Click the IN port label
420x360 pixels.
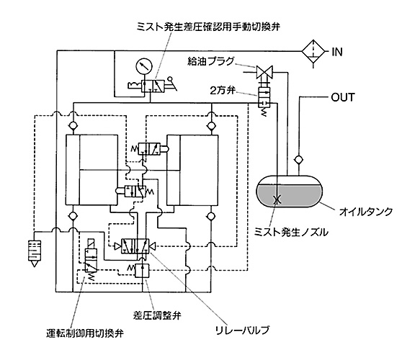click(x=337, y=52)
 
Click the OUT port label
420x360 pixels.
click(x=343, y=97)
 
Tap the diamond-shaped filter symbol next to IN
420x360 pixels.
click(x=313, y=51)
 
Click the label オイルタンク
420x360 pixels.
click(x=366, y=212)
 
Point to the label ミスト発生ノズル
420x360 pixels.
click(x=291, y=232)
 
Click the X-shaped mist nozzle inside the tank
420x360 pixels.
click(x=277, y=199)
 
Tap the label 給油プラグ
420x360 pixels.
click(x=210, y=62)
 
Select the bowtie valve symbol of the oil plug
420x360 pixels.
click(x=264, y=72)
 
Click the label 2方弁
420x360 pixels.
click(x=223, y=91)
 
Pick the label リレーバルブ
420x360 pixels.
click(x=242, y=330)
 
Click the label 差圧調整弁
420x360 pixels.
click(x=157, y=315)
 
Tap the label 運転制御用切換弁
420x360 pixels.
click(x=85, y=333)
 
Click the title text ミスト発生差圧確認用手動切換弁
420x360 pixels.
click(x=208, y=27)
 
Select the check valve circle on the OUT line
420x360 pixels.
click(x=299, y=160)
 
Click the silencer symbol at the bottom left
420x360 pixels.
click(x=35, y=253)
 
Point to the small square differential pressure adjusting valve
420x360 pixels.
click(x=142, y=270)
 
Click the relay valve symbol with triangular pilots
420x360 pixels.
click(x=135, y=246)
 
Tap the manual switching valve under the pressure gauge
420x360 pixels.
click(x=153, y=86)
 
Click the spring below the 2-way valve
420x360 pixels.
click(x=264, y=112)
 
